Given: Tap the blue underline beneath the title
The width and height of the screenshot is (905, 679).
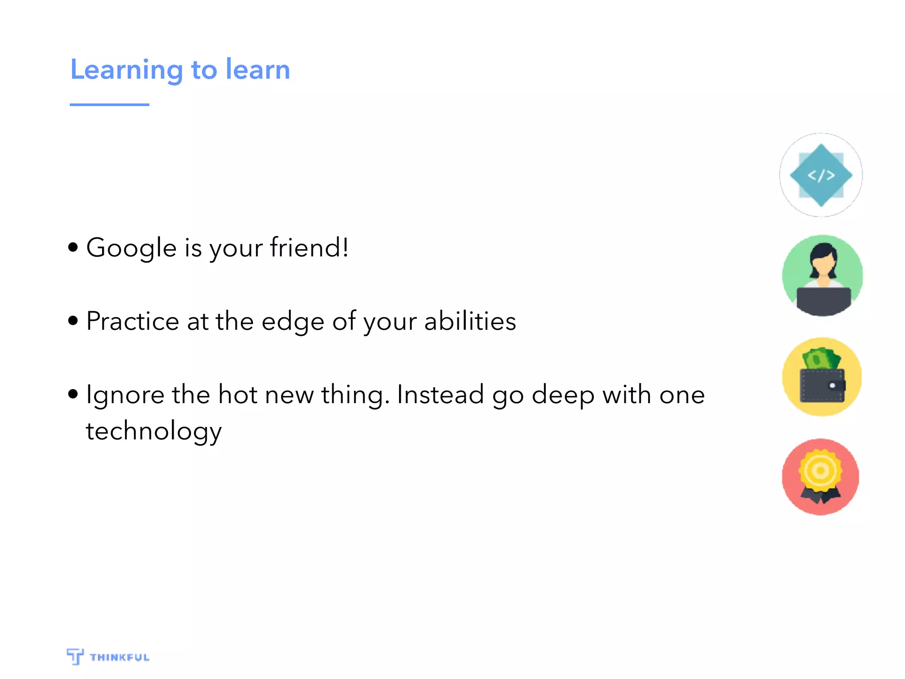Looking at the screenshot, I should (109, 105).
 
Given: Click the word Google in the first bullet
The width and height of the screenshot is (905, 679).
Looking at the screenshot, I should (131, 248).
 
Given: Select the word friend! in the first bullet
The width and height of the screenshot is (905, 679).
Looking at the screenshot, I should (309, 247).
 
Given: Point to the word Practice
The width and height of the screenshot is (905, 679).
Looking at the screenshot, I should (133, 321).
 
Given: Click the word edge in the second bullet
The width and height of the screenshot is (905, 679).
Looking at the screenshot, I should (293, 323).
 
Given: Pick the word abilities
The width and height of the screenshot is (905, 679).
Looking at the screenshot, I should (470, 321).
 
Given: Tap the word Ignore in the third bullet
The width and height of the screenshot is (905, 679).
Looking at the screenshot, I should (125, 395).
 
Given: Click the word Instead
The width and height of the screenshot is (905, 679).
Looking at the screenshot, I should (440, 394).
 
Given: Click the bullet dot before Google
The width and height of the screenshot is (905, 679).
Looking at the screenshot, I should (73, 247).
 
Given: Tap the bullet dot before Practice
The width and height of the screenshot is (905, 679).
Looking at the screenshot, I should (73, 320).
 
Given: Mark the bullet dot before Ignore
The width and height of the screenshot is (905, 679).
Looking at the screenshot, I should (73, 393).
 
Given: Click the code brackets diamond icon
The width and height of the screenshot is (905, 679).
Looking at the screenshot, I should (821, 175).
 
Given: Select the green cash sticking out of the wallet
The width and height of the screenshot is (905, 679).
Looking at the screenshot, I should (821, 359).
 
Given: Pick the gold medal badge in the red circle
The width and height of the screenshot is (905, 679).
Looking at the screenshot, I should (821, 470).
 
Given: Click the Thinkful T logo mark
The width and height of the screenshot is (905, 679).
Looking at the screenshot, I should (75, 656).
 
